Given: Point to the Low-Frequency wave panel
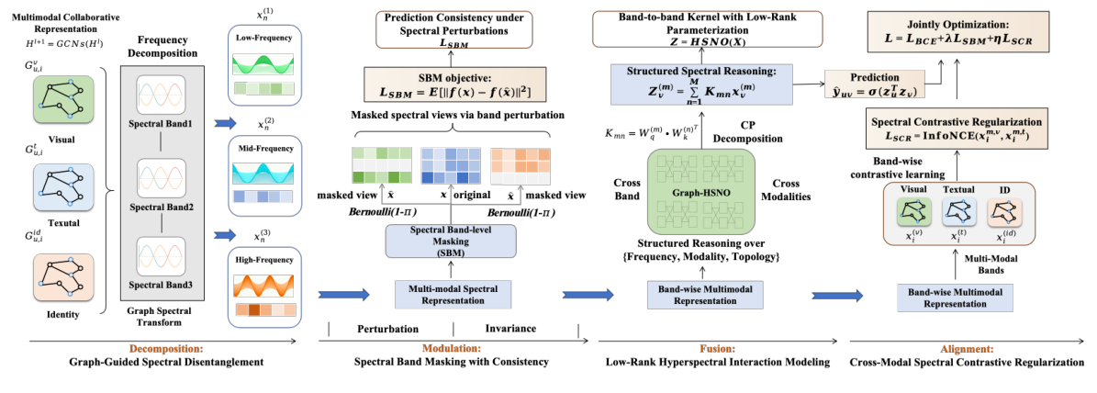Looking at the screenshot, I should pyautogui.click(x=265, y=66).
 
